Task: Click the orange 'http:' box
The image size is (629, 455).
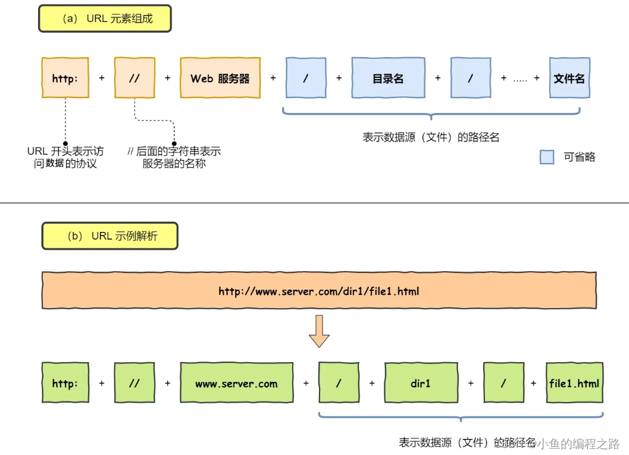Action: tap(65, 78)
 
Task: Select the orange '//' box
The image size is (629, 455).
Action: tap(134, 78)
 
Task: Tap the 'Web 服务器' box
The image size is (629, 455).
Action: tap(220, 78)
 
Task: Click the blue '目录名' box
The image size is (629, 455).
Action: tap(388, 78)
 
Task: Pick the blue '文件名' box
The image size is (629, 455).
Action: tap(569, 78)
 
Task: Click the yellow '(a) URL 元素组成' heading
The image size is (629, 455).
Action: tap(105, 19)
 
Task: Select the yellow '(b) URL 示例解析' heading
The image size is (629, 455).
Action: tap(110, 236)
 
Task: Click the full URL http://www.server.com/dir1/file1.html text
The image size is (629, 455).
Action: tap(319, 291)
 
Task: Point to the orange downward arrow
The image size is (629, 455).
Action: tap(319, 331)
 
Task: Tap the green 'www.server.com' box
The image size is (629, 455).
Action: tap(236, 384)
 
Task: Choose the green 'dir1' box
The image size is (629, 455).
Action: tap(420, 384)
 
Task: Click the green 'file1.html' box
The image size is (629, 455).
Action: tap(574, 384)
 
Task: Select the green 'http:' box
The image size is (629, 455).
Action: tap(65, 384)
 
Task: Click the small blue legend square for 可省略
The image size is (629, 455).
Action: tap(547, 157)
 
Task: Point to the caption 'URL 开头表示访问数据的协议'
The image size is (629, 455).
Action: tap(65, 158)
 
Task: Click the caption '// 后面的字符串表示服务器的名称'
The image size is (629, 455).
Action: tap(174, 158)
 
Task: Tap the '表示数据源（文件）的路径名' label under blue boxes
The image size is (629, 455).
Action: tap(431, 137)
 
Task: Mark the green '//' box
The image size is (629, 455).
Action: tap(134, 384)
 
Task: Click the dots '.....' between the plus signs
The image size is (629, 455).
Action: tap(520, 79)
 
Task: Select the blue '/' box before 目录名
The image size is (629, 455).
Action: tap(306, 78)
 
